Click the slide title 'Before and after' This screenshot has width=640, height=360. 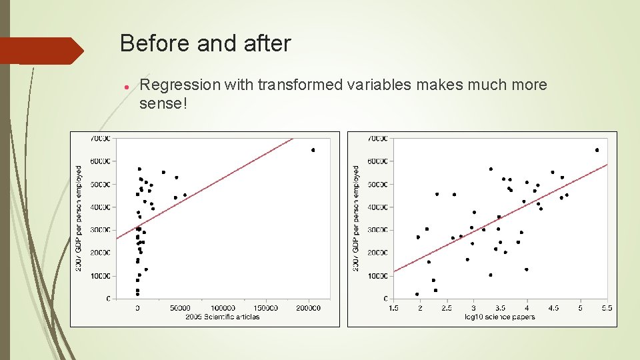pos(205,44)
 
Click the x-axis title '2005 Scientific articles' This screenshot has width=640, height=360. pos(223,317)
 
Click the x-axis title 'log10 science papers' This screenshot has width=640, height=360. pos(500,317)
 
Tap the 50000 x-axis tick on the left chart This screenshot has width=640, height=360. pos(180,308)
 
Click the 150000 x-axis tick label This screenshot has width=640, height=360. pos(265,308)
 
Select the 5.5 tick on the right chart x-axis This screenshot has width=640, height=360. pos(607,308)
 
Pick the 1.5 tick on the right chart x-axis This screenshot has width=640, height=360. pos(393,308)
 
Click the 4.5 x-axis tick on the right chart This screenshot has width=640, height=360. pos(553,308)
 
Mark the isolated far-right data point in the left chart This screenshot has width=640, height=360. pos(313,150)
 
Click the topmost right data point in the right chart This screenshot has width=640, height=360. pos(597,150)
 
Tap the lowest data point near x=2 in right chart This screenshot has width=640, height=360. pos(417,294)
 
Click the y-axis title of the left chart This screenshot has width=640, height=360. pos(79,218)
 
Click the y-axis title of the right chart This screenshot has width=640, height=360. pos(356,218)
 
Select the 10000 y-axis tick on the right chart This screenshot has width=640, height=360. pos(377,276)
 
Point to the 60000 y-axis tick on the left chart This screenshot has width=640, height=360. pos(100,161)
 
